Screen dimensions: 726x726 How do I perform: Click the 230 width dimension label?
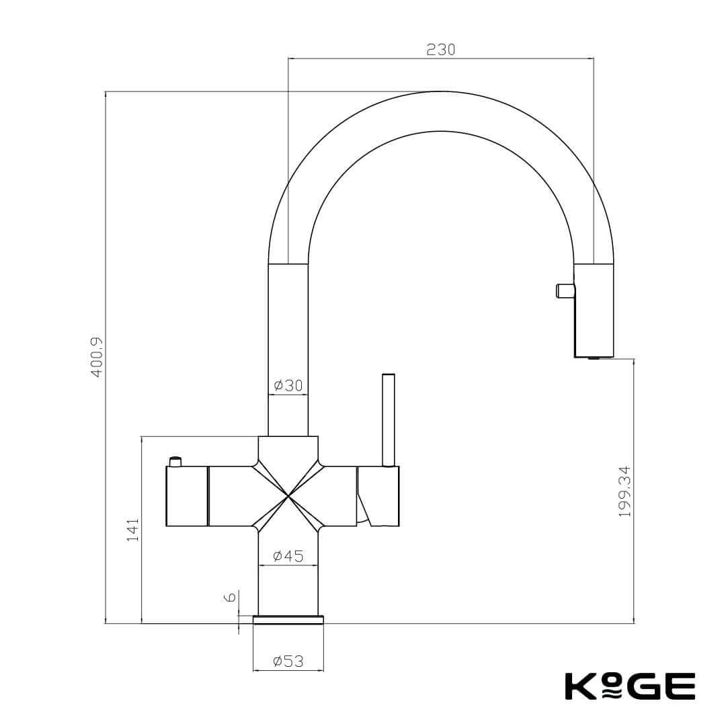440,50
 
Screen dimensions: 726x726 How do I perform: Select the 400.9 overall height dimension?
97,357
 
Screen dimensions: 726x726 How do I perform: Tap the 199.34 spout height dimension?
624,491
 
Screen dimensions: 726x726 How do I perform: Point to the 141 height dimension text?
132,530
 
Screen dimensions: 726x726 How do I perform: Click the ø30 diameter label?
288,386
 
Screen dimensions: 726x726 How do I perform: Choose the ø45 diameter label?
288,556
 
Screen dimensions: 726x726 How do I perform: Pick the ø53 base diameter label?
288,661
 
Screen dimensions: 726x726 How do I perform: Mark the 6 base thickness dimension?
229,597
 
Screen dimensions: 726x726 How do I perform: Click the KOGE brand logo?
629,686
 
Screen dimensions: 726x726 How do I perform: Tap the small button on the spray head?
564,290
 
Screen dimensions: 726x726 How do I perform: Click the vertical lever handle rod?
388,419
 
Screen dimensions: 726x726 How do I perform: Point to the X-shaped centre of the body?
288,496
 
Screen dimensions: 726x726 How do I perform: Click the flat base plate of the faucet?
288,619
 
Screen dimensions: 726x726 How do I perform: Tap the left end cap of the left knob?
186,496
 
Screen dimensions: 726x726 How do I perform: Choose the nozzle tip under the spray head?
594,359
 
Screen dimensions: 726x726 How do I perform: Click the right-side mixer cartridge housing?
378,496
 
